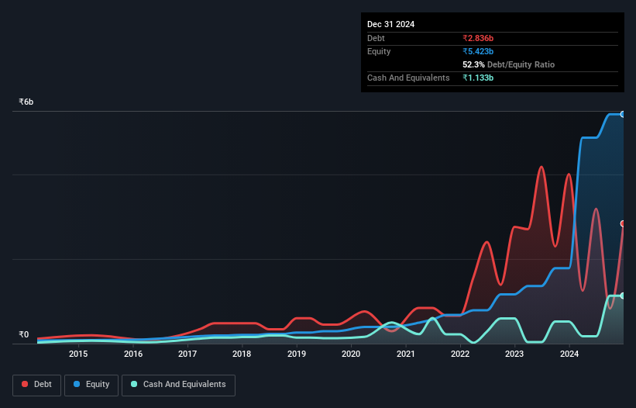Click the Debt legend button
[36, 385]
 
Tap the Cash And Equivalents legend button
[178, 385]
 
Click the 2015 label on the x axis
[78, 354]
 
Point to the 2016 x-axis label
[133, 354]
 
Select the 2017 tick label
[187, 354]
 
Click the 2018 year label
[242, 354]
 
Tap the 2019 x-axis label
[297, 354]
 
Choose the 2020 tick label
[351, 354]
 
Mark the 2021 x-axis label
[405, 354]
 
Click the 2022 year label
[460, 354]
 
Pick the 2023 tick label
[514, 354]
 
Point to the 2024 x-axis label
[569, 354]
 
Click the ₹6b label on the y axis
[26, 102]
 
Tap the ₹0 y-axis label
[23, 335]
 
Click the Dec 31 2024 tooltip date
[390, 24]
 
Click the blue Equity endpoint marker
[623, 114]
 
